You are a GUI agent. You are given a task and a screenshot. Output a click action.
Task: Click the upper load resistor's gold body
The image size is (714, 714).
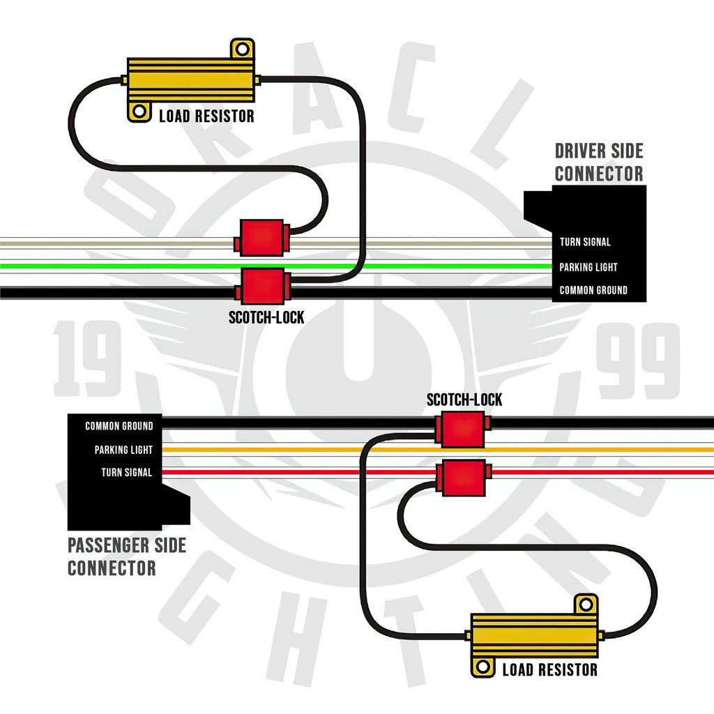click(190, 80)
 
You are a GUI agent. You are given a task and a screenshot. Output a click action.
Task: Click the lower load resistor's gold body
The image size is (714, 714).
click(534, 636)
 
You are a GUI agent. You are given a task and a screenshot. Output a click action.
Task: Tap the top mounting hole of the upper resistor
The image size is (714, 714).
click(242, 49)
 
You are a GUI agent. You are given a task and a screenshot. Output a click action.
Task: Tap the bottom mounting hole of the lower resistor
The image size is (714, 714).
click(483, 667)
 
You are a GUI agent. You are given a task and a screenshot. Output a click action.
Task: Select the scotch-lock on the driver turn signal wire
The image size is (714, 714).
click(262, 238)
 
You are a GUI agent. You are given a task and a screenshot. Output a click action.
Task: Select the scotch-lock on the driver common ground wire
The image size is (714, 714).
click(263, 287)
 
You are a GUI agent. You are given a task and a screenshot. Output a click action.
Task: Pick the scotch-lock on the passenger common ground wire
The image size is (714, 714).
click(463, 429)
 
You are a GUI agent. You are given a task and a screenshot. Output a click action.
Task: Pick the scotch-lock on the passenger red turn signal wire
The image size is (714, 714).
click(464, 478)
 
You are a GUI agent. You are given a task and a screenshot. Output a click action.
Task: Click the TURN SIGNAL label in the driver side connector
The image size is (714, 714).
click(585, 242)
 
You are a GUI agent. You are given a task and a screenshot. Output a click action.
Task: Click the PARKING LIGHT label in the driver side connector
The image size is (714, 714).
click(588, 267)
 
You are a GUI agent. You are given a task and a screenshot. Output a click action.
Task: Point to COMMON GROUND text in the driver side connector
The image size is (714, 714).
click(593, 290)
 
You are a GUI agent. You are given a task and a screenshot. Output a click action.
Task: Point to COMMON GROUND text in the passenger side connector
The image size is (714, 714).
click(119, 426)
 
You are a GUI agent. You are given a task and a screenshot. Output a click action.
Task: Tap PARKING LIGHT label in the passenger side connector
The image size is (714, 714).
click(123, 450)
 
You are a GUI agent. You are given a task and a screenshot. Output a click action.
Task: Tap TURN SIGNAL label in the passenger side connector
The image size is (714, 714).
click(127, 472)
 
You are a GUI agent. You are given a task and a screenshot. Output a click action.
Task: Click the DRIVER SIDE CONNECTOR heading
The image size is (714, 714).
click(599, 162)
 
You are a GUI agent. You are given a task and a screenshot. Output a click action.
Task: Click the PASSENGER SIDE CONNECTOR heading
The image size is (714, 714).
click(127, 556)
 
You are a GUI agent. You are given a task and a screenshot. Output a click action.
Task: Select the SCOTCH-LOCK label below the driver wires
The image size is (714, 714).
click(266, 317)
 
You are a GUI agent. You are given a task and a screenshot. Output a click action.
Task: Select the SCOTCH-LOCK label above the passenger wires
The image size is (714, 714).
click(464, 400)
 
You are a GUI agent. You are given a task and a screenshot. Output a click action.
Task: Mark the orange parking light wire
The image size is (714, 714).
click(438, 450)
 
